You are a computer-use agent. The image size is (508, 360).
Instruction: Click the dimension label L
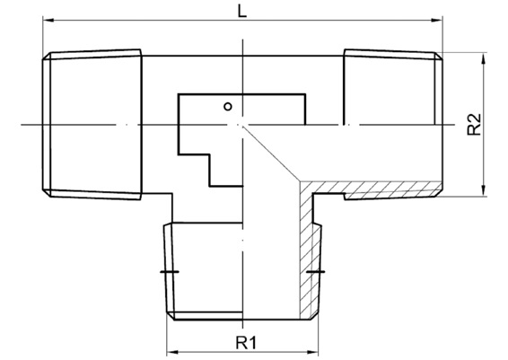(x=242, y=11)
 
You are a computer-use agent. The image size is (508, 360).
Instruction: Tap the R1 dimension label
(x=246, y=343)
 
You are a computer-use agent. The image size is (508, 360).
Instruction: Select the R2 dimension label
(x=474, y=125)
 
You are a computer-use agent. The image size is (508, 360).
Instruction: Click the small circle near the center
(x=228, y=106)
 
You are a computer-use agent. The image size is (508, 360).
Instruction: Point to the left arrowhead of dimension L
(x=48, y=21)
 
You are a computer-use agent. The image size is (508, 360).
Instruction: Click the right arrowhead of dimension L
(x=437, y=21)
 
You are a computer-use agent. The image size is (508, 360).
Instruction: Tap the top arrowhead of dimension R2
(x=484, y=58)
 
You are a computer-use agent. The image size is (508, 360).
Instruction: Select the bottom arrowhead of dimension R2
(x=484, y=190)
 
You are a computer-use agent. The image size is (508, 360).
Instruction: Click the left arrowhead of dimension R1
(x=171, y=352)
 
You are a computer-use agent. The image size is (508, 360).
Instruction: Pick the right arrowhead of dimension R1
(x=312, y=352)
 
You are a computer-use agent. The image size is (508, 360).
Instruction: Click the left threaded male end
(x=92, y=125)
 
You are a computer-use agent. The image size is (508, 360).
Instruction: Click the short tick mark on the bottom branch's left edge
(x=170, y=271)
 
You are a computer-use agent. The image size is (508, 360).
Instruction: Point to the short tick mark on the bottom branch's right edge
(x=316, y=271)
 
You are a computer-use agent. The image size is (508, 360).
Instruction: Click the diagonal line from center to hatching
(x=271, y=153)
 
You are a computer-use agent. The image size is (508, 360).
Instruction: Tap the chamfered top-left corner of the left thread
(x=47, y=56)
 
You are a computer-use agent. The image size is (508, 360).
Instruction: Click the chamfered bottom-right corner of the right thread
(x=438, y=193)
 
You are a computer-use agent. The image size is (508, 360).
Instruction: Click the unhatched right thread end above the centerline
(x=393, y=87)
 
